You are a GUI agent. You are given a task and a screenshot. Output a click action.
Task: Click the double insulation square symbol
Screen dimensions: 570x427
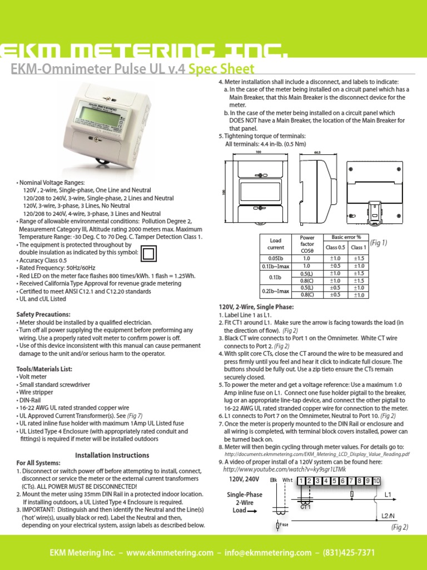click(148, 253)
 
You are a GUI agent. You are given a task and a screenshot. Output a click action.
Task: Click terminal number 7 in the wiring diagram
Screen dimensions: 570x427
click(344, 481)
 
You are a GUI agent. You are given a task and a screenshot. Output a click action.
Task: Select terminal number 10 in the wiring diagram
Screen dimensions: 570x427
click(376, 481)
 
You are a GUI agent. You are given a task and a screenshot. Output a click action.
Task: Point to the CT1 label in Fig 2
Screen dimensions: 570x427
click(305, 507)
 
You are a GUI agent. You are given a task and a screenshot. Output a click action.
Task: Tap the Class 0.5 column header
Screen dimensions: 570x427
click(335, 247)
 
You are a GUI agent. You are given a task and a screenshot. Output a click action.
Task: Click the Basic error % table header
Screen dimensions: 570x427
click(346, 238)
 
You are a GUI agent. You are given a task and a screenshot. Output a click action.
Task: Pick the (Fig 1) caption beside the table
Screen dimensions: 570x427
click(380, 243)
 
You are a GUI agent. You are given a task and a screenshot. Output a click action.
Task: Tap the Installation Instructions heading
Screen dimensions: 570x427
click(112, 455)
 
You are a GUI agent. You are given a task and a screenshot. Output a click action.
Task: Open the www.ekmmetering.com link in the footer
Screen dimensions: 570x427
click(170, 553)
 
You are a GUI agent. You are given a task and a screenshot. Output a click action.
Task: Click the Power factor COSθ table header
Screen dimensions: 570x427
click(307, 244)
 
